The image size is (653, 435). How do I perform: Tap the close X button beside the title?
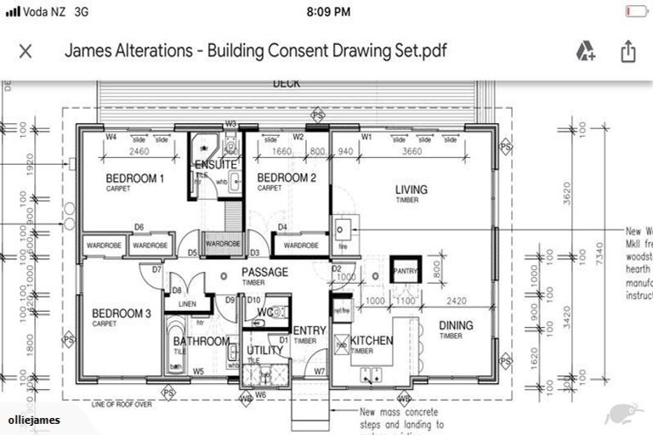point(26,51)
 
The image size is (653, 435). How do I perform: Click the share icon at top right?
point(627,51)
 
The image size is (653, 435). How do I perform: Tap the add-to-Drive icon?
point(585,51)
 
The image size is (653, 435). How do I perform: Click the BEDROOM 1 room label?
point(134,178)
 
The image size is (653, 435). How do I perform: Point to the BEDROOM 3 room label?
point(121,314)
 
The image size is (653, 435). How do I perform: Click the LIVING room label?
point(411,189)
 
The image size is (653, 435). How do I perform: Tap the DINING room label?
point(456,325)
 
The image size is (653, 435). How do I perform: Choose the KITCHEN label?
point(372,341)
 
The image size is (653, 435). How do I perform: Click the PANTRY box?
point(406,271)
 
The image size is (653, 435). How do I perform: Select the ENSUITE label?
point(215,164)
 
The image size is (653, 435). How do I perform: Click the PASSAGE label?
point(264,273)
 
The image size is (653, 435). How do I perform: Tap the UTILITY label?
point(264,350)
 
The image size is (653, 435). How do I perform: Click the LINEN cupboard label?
point(188,304)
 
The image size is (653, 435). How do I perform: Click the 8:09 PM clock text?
point(326,11)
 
